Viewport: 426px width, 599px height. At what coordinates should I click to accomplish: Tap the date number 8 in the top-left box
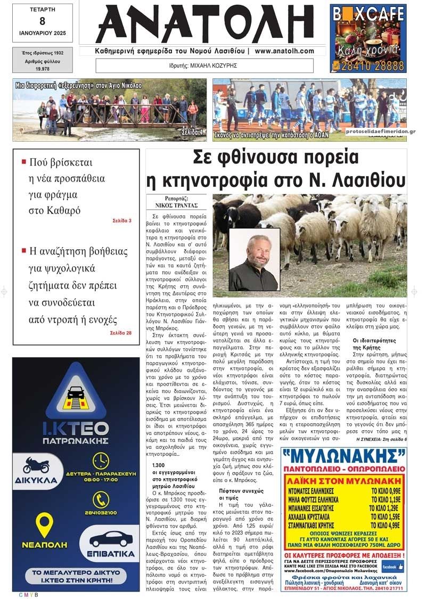pos(42,21)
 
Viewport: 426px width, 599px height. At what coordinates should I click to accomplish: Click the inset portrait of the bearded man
pos(255,259)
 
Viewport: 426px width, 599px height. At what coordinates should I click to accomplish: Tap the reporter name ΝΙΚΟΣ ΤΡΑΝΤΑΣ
pos(177,204)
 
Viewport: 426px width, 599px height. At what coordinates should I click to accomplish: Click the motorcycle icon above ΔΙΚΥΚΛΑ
pos(36,465)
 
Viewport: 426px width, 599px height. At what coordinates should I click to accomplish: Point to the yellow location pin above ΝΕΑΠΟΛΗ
pos(44,524)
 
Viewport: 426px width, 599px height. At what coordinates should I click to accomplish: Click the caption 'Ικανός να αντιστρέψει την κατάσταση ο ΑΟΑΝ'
pos(271,136)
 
